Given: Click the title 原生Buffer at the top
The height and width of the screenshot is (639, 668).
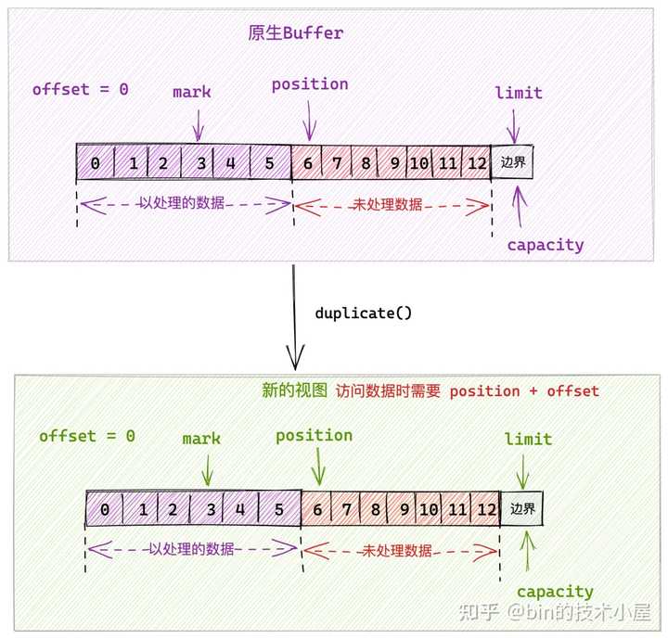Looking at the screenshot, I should coord(296,32).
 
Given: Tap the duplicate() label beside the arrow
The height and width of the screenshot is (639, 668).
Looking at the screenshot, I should coord(363,313).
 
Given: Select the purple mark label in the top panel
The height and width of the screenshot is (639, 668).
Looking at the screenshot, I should coord(192,92).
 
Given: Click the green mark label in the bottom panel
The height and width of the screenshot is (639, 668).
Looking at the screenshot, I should coord(201,439).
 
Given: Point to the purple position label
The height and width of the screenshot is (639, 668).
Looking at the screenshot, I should coord(310,84).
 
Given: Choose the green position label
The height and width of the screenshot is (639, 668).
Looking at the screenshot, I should coord(315,435).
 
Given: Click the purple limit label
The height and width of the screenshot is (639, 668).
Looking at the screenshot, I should coord(519,93).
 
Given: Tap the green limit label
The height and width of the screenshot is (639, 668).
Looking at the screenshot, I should coord(528,439).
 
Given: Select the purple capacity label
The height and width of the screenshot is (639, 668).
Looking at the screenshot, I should coord(546,246).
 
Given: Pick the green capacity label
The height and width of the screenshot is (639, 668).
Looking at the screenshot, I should coord(555,592).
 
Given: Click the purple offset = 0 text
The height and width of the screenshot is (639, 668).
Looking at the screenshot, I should coord(81,90).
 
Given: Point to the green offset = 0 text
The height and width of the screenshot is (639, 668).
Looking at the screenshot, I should coord(87,436).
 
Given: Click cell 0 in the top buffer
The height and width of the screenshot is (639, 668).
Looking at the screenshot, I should coord(95,163).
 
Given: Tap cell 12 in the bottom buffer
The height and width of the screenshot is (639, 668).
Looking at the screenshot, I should coord(486,510).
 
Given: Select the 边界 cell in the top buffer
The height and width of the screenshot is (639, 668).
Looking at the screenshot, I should coord(512,162).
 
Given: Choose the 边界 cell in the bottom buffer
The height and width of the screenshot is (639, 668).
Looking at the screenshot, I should coord(522,509).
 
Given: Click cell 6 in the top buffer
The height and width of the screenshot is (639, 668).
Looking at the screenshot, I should coord(308,163).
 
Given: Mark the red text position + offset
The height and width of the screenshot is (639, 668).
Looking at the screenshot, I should coord(524,391).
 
